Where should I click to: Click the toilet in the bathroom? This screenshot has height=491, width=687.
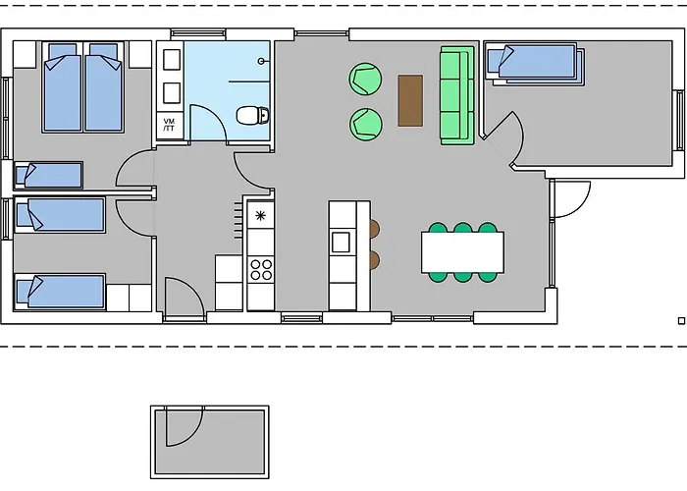pos(254,116)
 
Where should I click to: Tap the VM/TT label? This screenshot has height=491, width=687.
pos(169,125)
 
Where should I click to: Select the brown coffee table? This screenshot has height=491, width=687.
pos(410,100)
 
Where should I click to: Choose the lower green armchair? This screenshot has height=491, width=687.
pos(365,123)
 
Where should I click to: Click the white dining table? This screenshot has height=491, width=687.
pos(462,251)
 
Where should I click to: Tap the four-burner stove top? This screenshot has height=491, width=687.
pos(261,268)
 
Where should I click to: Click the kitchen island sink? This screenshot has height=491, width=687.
pos(341,241)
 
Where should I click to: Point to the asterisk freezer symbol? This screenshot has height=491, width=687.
pos(260,215)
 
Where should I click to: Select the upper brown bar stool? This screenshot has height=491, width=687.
pos(374,229)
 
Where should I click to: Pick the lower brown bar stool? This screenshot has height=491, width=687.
pos(374,260)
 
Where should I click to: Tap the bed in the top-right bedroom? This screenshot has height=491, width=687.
pos(534,63)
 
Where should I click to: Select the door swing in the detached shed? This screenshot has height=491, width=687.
pos(183,428)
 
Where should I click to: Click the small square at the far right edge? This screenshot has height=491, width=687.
pos(681,320)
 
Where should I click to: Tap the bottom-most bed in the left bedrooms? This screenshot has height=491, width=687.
pos(60,292)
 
